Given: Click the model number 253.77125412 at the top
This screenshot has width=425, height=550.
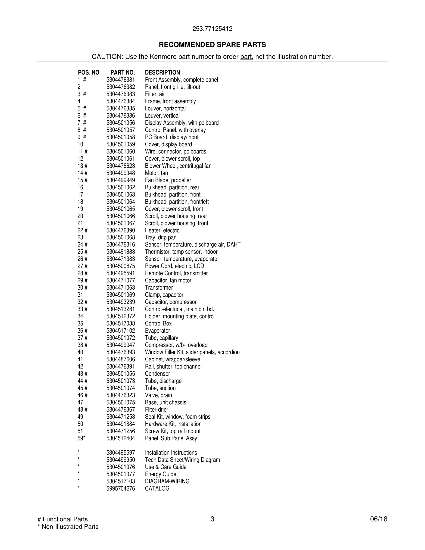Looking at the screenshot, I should pos(212,29).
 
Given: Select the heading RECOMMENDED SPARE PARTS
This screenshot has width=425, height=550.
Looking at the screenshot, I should pos(212,45).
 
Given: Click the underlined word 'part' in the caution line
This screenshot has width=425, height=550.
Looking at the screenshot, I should pos(246,57).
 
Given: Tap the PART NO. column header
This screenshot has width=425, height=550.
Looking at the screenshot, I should pos(123,72).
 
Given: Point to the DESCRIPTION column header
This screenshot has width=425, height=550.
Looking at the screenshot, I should pos(162,72).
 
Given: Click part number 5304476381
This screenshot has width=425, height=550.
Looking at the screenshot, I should pos(121,80).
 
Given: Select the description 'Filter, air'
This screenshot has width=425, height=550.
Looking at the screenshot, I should pos(155,94).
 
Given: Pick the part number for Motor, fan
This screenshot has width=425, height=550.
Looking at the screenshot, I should pos(121,173).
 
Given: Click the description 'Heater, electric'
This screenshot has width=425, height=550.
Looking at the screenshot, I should pos(162,230).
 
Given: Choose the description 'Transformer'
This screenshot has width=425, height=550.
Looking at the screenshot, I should pos(159,287).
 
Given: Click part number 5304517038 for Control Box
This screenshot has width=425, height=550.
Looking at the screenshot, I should pos(121,324).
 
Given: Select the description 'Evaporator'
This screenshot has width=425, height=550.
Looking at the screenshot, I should pos(157,331).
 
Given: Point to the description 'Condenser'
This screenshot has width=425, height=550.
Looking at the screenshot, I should pos(157,374).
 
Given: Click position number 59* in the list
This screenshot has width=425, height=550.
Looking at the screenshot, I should pos(81,438).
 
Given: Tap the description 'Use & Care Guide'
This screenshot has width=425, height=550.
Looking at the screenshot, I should pos(166,467).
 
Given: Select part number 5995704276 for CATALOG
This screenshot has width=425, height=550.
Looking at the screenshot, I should pos(121,489).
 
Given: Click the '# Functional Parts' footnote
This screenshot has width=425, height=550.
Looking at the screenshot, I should pos(62,519).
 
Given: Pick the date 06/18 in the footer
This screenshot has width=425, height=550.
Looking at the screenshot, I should pos(379,519).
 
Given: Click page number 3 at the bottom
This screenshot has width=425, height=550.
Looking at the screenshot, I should pos(212,519).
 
